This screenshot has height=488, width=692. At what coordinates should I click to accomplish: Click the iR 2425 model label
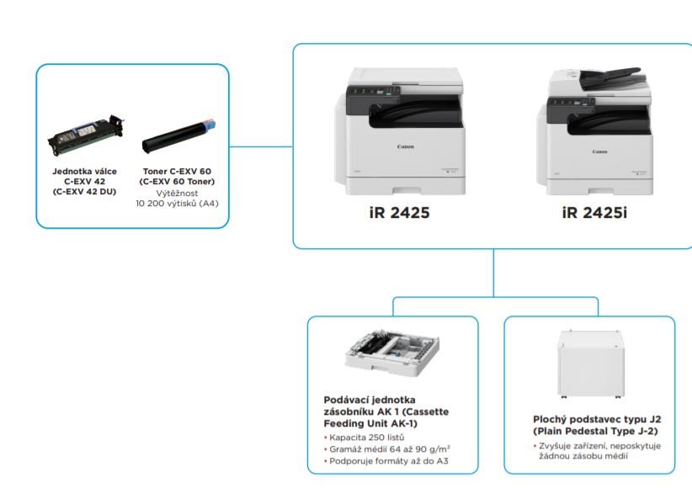point(399,213)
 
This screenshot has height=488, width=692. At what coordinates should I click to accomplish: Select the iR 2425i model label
point(594,213)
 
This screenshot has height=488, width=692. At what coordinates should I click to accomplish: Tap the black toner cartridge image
point(178,136)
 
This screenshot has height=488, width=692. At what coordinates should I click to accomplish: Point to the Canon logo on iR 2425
point(405,146)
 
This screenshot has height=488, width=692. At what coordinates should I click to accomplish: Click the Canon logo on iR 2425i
point(599,151)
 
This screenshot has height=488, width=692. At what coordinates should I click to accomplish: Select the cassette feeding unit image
point(391,353)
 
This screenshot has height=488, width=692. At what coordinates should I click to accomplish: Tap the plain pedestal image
point(591,364)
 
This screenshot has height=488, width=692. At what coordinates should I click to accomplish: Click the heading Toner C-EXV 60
point(177,171)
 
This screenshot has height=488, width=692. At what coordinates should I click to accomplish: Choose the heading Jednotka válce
point(85,171)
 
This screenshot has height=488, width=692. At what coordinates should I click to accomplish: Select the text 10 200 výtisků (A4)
point(177,204)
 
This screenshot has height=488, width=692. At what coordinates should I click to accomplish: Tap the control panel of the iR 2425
point(373,92)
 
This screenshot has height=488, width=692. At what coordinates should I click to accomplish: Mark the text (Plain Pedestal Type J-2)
point(595,431)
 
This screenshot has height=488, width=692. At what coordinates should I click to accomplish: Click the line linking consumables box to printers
point(261,146)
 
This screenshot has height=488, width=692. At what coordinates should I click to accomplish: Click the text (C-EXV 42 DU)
point(84,192)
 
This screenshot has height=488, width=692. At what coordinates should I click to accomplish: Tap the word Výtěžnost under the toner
point(177,194)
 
